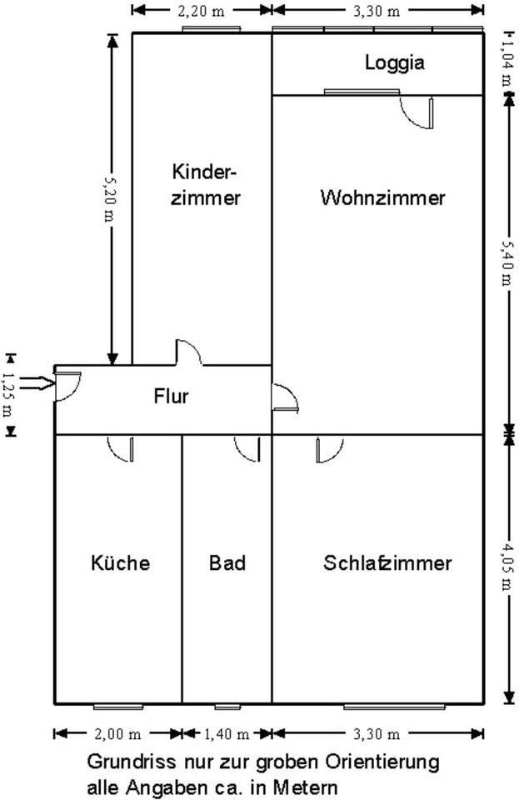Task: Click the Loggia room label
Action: pyautogui.click(x=394, y=62)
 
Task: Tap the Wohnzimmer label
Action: pyautogui.click(x=382, y=198)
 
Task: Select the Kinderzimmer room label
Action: pyautogui.click(x=206, y=185)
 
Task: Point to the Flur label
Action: pyautogui.click(x=171, y=396)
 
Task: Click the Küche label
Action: pyautogui.click(x=120, y=563)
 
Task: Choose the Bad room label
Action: pyautogui.click(x=227, y=563)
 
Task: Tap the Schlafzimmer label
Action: pyautogui.click(x=387, y=563)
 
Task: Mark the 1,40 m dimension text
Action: pyautogui.click(x=227, y=734)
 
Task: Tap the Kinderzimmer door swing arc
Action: pyautogui.click(x=188, y=352)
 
